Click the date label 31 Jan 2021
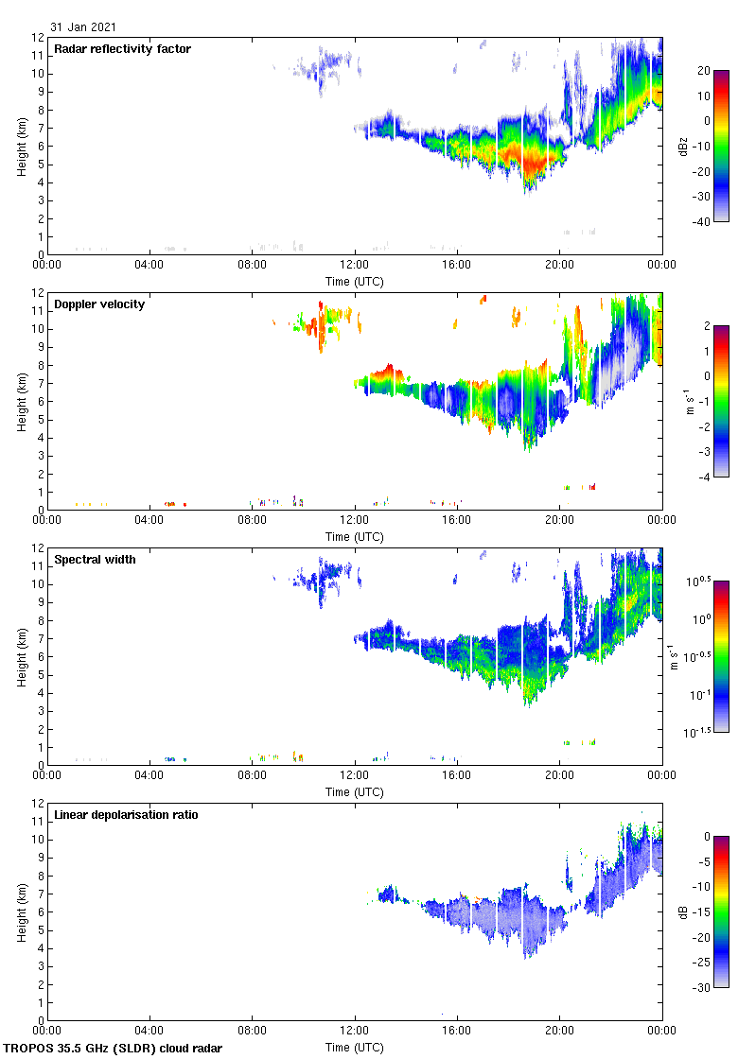point(84,28)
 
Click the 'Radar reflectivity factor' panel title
point(122,49)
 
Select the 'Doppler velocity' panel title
point(99,304)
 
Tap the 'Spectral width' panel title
point(95,560)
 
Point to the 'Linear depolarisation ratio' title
point(126,815)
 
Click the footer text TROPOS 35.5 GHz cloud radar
point(114,1049)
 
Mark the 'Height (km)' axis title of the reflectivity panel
point(21,146)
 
